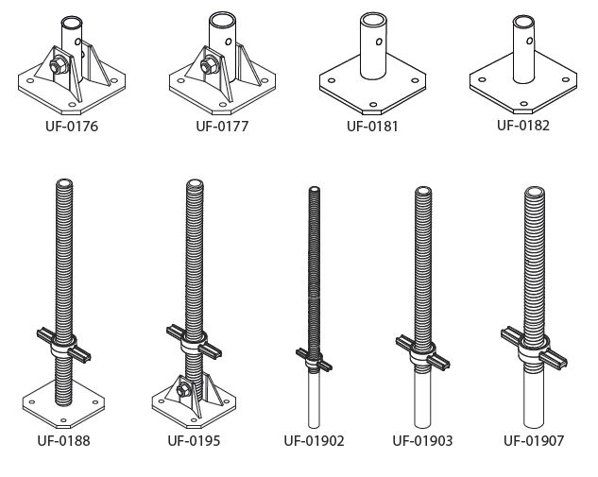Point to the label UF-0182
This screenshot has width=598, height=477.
click(x=522, y=125)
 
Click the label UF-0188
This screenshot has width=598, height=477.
click(x=64, y=439)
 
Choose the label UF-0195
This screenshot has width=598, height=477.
click(x=195, y=439)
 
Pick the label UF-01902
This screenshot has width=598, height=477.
click(x=315, y=439)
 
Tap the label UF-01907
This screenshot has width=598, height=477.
click(x=535, y=439)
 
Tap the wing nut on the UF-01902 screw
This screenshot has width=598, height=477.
click(x=315, y=358)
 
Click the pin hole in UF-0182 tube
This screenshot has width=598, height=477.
click(x=527, y=41)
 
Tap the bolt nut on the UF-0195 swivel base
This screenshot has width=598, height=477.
click(x=184, y=389)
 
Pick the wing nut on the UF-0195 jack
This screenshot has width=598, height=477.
click(x=194, y=339)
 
